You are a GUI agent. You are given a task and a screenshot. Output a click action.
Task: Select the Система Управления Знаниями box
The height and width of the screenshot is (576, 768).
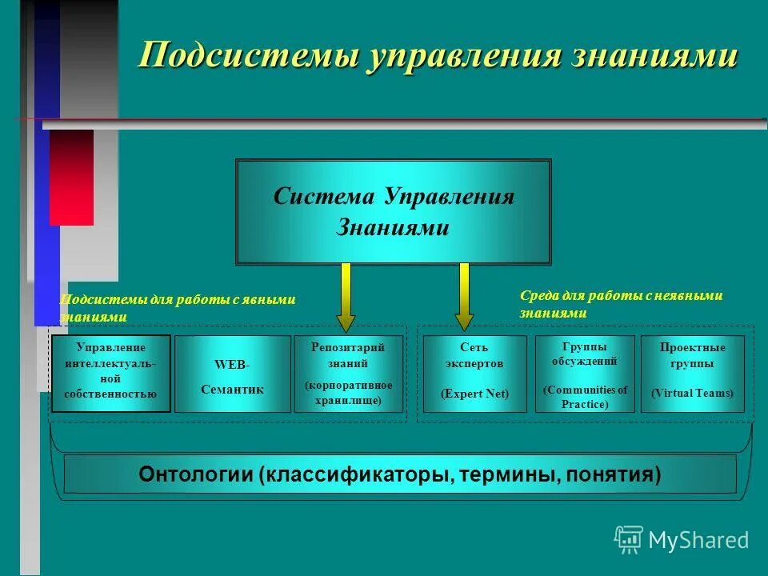(393, 211)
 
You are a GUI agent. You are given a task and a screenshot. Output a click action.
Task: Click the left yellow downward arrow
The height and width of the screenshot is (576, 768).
(346, 298)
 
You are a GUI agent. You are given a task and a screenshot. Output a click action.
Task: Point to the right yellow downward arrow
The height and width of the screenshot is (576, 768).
(463, 298)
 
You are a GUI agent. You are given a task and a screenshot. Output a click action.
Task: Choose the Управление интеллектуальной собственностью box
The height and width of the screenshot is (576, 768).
(111, 373)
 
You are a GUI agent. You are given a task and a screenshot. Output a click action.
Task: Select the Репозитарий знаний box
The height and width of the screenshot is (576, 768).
(348, 373)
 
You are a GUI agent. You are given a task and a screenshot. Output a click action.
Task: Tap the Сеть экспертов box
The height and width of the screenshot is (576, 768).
(474, 373)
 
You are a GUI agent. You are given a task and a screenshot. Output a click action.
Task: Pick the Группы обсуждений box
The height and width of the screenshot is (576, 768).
(585, 373)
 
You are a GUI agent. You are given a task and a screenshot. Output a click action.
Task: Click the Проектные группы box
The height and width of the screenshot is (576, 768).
(692, 373)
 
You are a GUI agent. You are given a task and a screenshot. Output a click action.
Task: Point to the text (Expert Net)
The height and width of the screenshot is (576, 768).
(474, 394)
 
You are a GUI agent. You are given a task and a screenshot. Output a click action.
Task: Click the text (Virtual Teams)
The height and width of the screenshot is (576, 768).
(692, 394)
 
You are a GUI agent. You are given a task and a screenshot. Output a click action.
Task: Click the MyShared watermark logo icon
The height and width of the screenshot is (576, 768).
(629, 540)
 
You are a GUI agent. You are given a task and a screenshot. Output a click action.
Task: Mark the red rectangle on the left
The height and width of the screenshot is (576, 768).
(71, 177)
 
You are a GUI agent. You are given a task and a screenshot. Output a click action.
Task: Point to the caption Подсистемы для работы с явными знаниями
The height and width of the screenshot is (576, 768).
(178, 307)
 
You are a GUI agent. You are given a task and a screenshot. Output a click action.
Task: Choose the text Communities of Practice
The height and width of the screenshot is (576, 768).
(585, 397)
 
